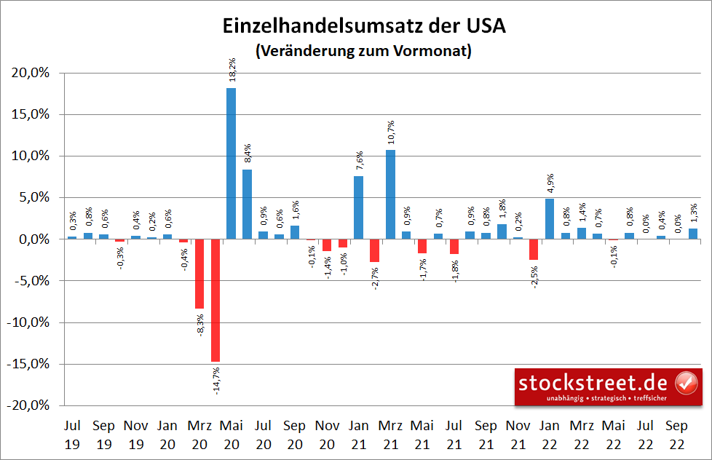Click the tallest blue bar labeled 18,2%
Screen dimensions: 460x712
pyautogui.click(x=231, y=163)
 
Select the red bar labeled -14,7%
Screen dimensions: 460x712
pyautogui.click(x=215, y=300)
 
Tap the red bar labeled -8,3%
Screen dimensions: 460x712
pyautogui.click(x=199, y=274)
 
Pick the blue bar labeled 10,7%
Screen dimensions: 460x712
pyautogui.click(x=390, y=194)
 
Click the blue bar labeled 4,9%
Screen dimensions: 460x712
pyautogui.click(x=550, y=218)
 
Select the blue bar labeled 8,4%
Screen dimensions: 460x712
pyautogui.click(x=247, y=204)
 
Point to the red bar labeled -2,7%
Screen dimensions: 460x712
pyautogui.click(x=374, y=250)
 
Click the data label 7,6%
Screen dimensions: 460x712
pyautogui.click(x=359, y=159)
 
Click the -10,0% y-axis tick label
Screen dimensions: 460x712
pyautogui.click(x=28, y=322)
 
